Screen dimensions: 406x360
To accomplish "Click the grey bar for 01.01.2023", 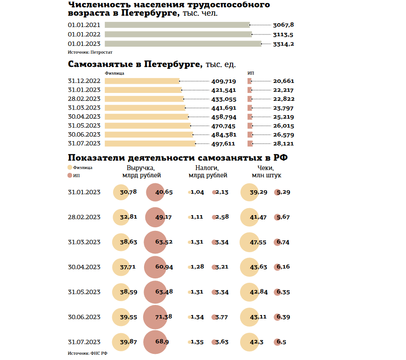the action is coord(183,44).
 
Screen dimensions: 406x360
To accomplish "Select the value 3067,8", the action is coord(283,25).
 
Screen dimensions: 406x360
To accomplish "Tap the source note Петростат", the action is coord(90,52).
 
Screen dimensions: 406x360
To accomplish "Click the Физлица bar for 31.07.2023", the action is coord(150,144).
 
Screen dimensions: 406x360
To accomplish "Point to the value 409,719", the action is coord(224,81).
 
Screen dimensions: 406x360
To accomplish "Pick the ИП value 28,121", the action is coord(283,144).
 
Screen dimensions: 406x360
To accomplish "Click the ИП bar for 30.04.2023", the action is coord(250,117).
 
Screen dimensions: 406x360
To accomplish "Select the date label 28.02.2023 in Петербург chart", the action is coord(84,99).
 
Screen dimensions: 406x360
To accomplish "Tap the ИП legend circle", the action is coord(70,175).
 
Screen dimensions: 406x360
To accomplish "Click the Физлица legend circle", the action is coord(70,168).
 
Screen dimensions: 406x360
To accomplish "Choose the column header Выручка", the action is coord(141,168).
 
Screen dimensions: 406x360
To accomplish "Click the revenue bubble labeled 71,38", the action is coord(155,317).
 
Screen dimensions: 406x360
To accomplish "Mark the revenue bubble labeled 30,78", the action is coord(121,192).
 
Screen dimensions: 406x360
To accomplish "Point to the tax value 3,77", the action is coord(222,317).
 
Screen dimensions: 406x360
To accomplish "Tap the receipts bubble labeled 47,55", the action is coord(249,242).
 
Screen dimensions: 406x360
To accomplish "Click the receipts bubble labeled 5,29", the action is coord(277,192).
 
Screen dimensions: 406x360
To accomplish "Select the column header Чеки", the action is coord(266,168).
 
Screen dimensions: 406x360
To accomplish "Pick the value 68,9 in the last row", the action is coord(162,342).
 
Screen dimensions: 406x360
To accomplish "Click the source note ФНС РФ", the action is coord(87,353).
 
